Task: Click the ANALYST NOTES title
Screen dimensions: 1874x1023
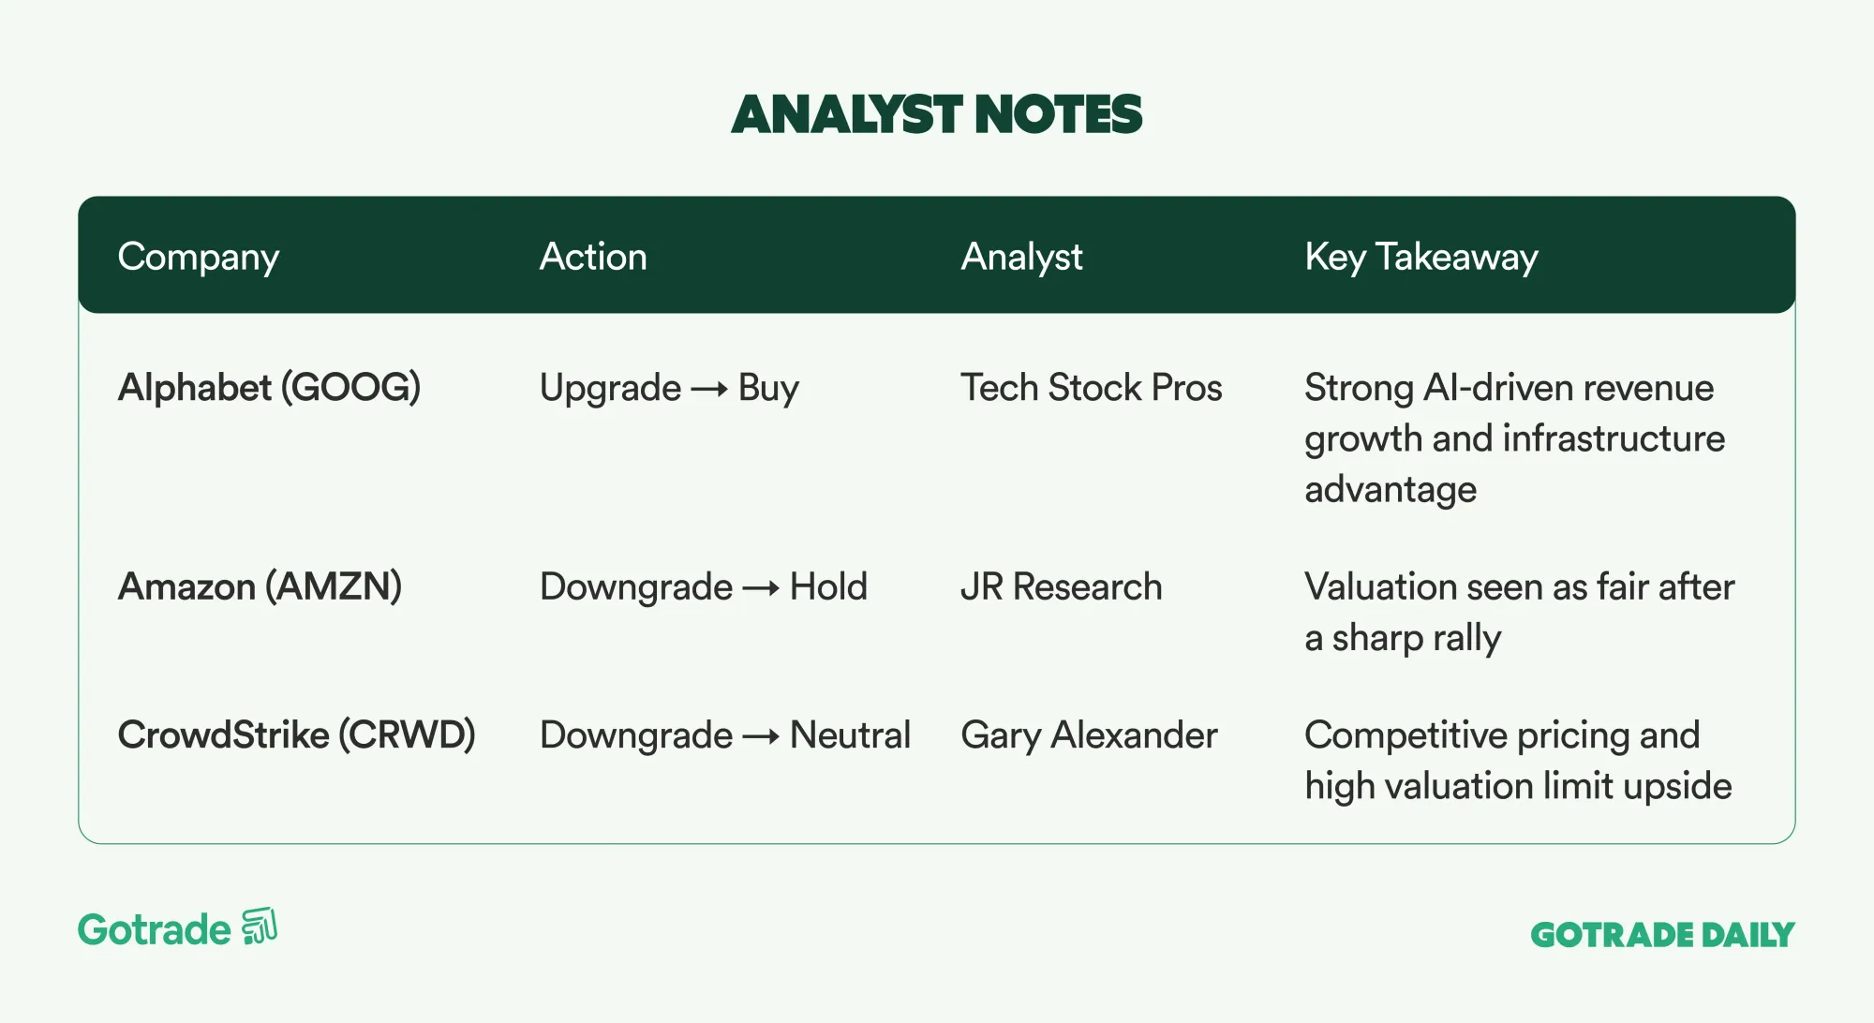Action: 936,114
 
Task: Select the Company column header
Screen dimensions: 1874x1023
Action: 199,258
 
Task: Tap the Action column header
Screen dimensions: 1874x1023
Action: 593,257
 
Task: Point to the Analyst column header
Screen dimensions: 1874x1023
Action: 1021,258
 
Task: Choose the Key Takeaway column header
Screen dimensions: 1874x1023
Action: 1421,258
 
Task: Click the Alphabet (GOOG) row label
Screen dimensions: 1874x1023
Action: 269,388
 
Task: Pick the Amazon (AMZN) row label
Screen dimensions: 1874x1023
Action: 260,587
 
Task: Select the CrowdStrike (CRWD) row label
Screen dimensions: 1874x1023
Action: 296,735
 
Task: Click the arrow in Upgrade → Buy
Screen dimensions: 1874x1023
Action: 709,389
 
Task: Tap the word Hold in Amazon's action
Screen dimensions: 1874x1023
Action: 828,587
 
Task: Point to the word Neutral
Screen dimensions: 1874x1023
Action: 850,735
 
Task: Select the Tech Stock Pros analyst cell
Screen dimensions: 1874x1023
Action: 1092,388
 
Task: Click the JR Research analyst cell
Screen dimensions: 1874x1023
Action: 1062,587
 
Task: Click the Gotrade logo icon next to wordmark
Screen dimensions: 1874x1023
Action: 260,927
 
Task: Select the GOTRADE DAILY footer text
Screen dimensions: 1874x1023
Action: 1662,935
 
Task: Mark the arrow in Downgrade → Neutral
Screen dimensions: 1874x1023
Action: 761,737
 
